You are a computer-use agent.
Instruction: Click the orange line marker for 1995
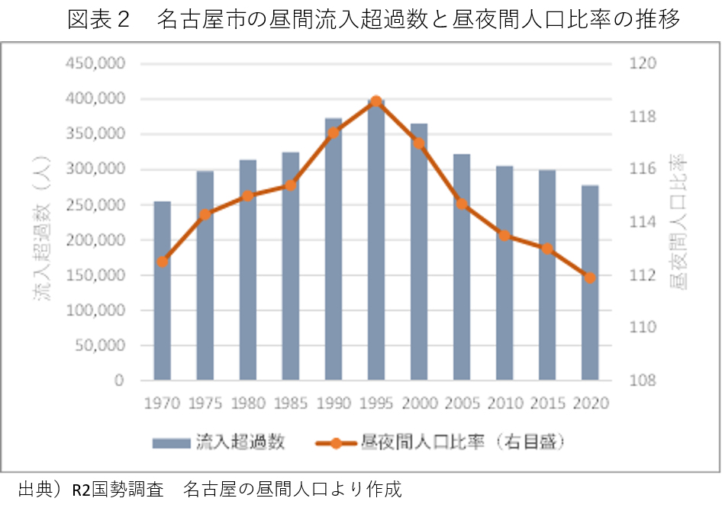pos(376,101)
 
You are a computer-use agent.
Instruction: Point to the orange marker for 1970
pos(163,262)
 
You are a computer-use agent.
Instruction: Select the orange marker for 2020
pos(589,277)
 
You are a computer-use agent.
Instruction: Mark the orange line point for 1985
pos(290,185)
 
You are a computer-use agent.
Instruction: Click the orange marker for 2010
pos(504,235)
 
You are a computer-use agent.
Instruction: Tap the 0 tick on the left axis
pos(118,381)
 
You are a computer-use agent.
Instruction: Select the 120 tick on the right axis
pos(643,63)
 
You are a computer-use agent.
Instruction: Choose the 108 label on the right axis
pos(643,381)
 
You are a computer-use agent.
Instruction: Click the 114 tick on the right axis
pos(643,222)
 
